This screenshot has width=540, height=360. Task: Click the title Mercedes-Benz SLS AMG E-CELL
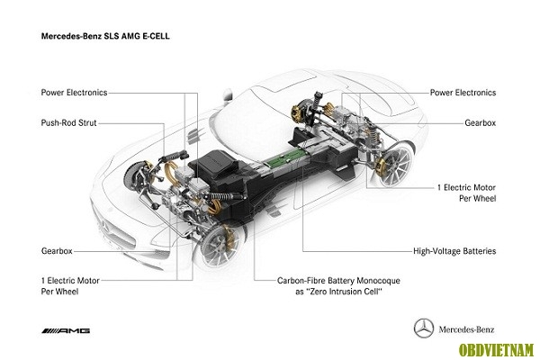(105, 36)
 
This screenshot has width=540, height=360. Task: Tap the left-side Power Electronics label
(74, 93)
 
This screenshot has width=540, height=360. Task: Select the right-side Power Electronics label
(463, 93)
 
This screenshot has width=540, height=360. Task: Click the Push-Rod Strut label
(69, 123)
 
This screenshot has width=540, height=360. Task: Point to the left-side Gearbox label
(57, 251)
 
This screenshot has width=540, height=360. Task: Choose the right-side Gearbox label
(481, 123)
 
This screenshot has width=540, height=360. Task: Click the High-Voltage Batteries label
(454, 251)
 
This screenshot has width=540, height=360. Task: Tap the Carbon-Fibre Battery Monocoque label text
(339, 286)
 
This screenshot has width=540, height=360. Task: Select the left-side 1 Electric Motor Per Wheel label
(70, 286)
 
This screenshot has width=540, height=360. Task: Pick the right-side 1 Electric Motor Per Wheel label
(466, 193)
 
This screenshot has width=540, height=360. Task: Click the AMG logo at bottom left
(66, 331)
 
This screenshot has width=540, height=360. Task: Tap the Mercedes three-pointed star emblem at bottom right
(424, 328)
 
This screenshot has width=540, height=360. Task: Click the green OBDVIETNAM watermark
(496, 350)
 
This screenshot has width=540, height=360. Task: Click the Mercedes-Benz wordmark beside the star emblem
(466, 329)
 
